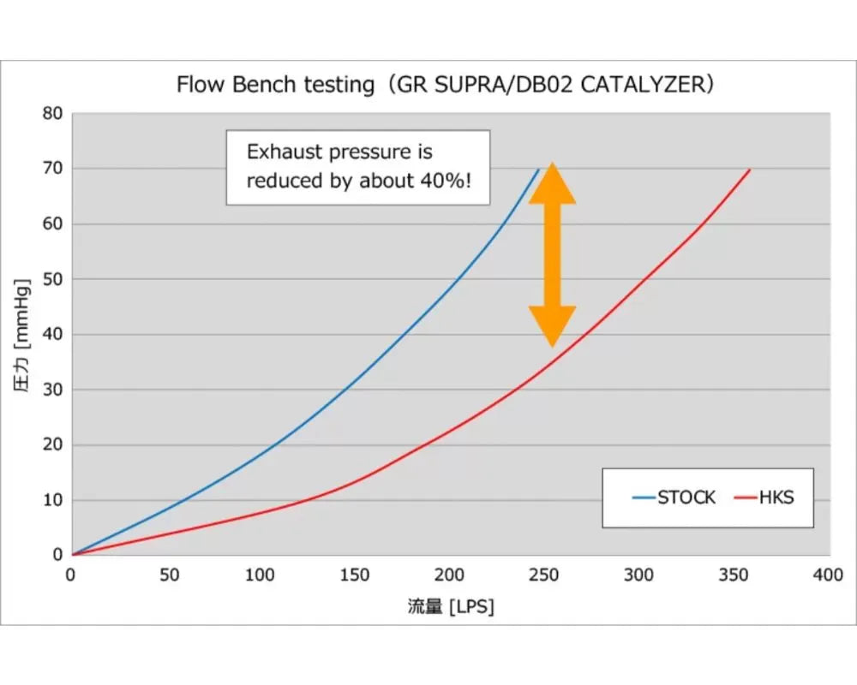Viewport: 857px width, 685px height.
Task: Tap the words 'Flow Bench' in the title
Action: coord(230,85)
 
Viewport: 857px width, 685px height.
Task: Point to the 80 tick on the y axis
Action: coord(52,113)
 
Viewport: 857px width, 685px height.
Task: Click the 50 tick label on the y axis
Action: coord(52,279)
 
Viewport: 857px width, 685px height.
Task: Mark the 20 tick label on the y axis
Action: coord(52,445)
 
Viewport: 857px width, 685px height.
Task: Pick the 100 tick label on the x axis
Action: coord(261,575)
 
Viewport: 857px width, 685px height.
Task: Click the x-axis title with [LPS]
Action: coord(451,607)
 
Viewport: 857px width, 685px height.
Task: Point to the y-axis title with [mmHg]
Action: coord(23,335)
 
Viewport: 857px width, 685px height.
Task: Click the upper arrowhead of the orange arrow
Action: coord(552,182)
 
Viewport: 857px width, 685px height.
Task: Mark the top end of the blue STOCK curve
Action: coord(538,170)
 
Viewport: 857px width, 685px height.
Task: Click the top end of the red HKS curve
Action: coord(750,170)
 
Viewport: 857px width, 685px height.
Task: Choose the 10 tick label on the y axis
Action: coord(52,500)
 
